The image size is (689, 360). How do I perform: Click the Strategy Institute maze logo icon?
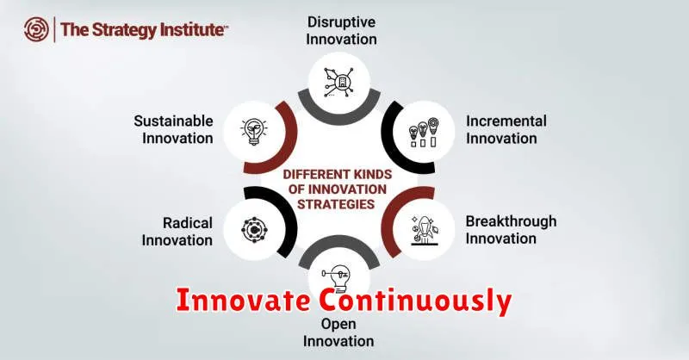point(36,29)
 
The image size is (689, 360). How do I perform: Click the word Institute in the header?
point(192,30)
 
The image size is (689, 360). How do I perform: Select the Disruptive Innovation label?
point(341,30)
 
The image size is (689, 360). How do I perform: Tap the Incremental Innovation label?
point(506,130)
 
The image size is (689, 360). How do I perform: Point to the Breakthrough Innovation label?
point(511,230)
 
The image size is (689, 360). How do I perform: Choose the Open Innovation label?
point(338,332)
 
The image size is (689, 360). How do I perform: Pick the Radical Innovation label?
point(177,232)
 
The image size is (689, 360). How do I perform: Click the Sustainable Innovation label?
point(174,130)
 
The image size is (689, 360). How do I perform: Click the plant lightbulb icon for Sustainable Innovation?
point(254,132)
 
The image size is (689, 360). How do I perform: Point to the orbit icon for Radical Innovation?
point(254,229)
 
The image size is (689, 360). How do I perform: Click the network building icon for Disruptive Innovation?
point(338,82)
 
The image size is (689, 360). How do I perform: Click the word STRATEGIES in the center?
point(336,204)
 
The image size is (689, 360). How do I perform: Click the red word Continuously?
point(415,301)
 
